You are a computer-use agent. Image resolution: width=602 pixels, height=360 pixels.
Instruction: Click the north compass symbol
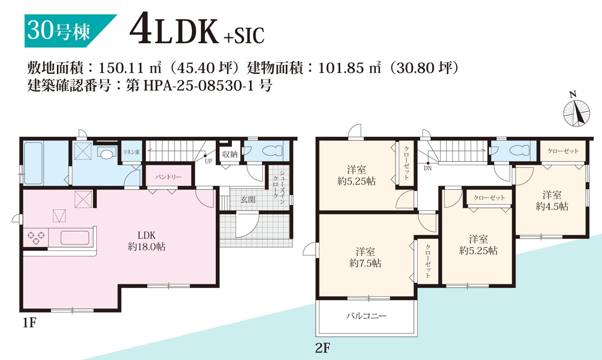click(577, 112)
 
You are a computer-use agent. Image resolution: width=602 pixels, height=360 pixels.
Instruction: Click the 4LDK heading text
click(175, 32)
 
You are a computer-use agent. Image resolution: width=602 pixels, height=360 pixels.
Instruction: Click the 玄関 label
click(248, 199)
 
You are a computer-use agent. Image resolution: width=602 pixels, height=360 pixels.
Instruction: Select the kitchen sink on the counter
click(75, 238)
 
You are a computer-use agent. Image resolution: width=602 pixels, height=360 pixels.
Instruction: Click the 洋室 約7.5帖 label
click(365, 257)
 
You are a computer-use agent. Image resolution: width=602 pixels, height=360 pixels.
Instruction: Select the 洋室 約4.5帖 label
click(552, 200)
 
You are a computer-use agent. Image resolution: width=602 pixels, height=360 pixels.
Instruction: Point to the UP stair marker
click(207, 159)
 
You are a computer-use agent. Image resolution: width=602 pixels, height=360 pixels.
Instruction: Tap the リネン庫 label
click(131, 152)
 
